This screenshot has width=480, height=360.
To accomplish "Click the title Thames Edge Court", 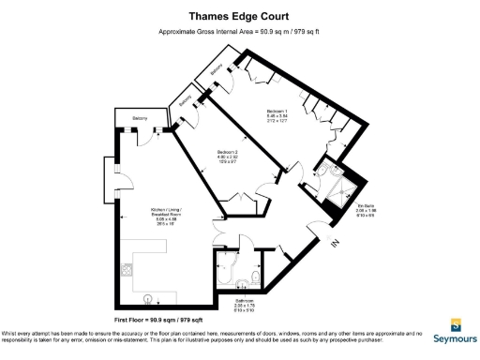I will [239, 15].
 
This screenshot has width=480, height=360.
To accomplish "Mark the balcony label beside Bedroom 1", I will [217, 70].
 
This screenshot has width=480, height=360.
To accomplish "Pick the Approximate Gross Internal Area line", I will [239, 32].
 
